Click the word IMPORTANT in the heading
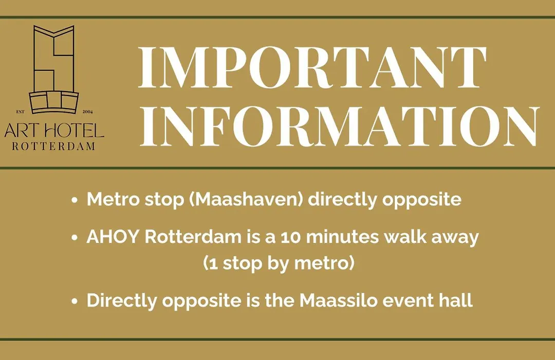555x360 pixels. tap(312, 68)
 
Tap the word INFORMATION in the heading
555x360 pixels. tap(339, 126)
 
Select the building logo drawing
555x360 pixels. tap(54, 69)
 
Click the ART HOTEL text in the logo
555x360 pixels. tap(54, 131)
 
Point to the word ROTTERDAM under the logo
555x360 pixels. tap(54, 146)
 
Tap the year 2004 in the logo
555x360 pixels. tap(87, 112)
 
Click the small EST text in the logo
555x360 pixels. tap(21, 112)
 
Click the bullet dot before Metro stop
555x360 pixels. tap(75, 200)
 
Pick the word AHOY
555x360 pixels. tap(113, 237)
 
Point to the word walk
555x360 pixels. tap(405, 237)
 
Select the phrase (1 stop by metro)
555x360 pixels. tap(279, 263)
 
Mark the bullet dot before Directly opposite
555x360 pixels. tap(75, 301)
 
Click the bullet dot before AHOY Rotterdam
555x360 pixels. tap(75, 238)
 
